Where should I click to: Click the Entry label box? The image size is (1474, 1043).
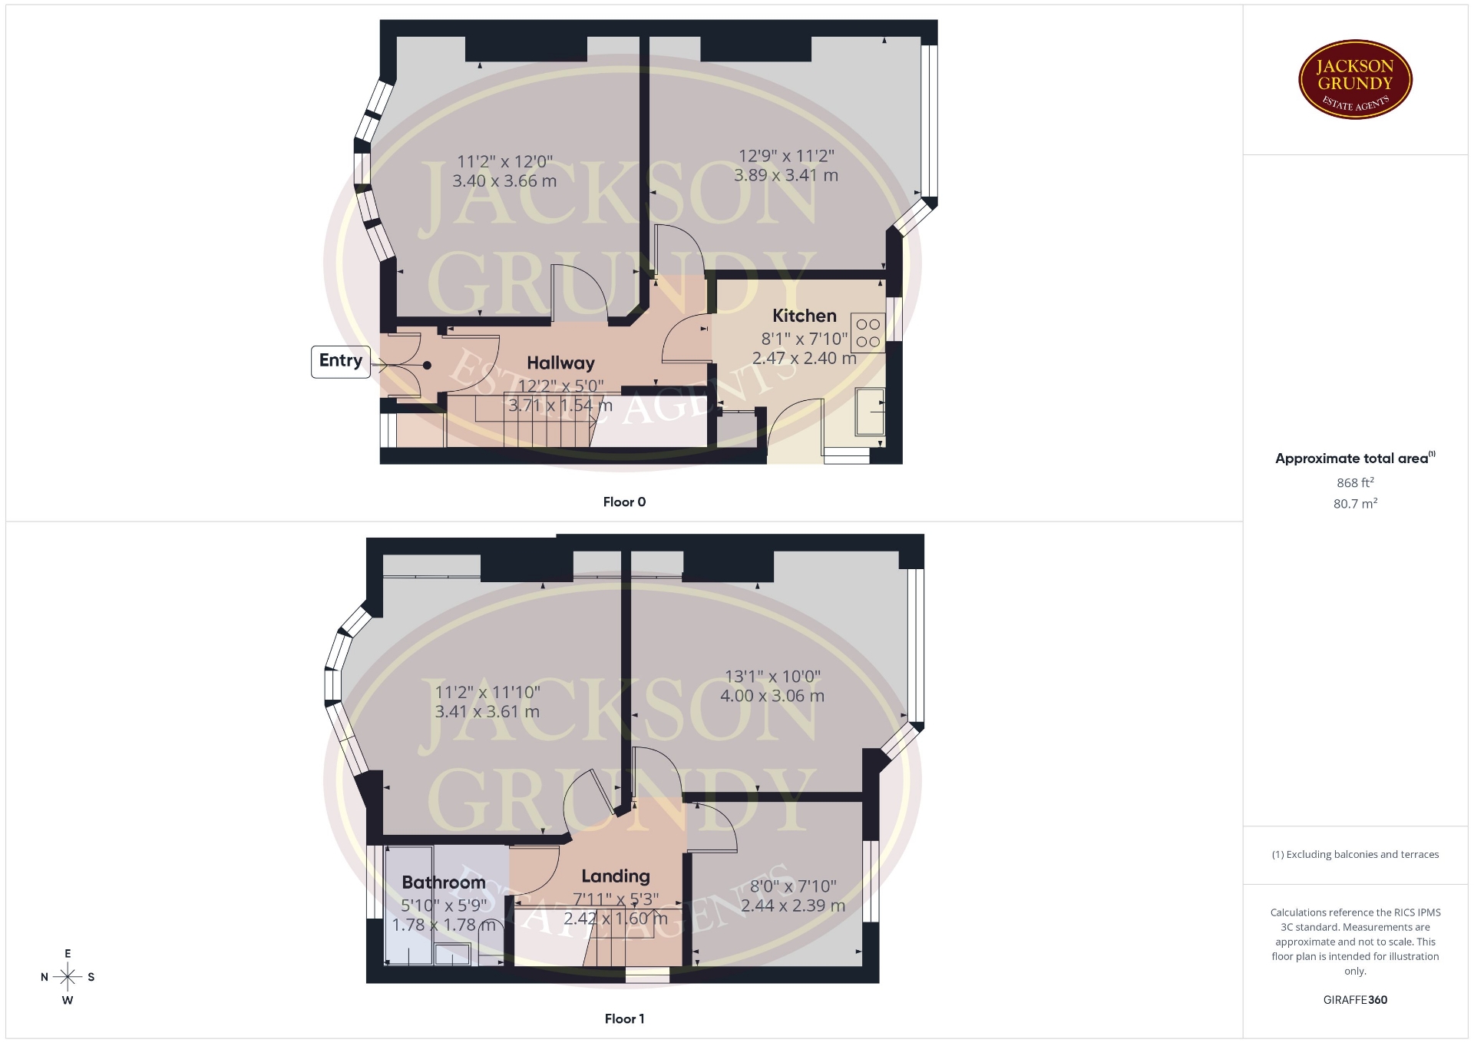click(x=340, y=361)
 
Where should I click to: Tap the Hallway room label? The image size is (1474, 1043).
click(x=560, y=363)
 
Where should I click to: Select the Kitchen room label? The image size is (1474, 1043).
click(x=804, y=316)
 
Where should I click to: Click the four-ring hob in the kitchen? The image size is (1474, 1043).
click(x=868, y=333)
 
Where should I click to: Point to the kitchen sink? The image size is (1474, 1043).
click(x=870, y=412)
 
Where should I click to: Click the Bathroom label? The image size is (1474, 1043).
click(x=444, y=882)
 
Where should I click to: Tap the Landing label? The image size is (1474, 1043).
click(x=616, y=876)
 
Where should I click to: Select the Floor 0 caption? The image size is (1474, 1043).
click(x=624, y=502)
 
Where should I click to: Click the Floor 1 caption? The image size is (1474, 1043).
click(x=624, y=1019)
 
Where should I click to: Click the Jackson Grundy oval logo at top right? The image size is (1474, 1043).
click(x=1355, y=80)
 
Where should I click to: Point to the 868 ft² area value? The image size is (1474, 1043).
click(x=1355, y=482)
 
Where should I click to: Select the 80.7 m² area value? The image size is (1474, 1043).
click(x=1355, y=504)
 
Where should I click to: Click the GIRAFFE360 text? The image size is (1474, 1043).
click(x=1355, y=1000)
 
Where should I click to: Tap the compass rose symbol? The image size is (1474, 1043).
click(x=68, y=977)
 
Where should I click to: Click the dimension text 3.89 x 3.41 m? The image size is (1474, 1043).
click(x=786, y=175)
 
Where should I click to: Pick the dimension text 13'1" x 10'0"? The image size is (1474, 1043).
click(x=773, y=677)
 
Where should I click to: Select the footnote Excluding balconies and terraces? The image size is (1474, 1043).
click(x=1355, y=854)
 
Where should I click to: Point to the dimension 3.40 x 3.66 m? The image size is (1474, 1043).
click(x=504, y=181)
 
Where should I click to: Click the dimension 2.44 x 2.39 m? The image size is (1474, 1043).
click(x=793, y=906)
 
